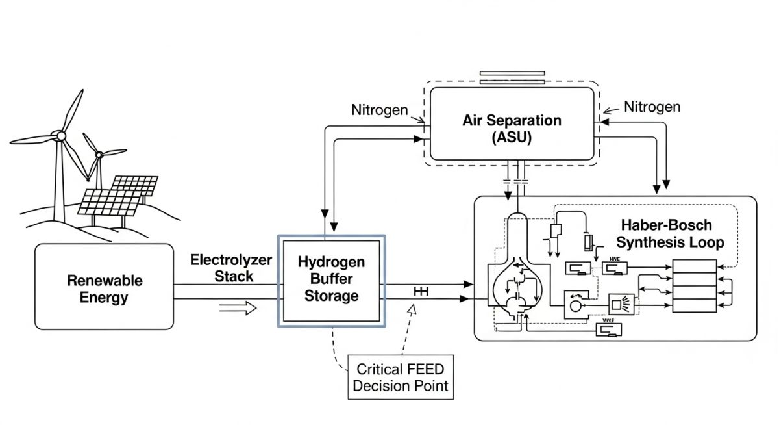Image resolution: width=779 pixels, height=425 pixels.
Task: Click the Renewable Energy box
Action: pos(104,286)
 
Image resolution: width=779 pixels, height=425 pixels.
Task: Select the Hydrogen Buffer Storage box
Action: pos(331,279)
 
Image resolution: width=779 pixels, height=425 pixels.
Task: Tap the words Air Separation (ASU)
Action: pos(512,129)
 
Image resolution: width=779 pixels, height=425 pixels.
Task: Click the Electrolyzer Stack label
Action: pos(231,268)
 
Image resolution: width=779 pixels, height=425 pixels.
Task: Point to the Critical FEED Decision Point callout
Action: pos(400,377)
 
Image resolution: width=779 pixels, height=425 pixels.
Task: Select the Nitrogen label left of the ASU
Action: pos(380,109)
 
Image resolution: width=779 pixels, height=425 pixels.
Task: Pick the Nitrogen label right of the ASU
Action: pos(652,107)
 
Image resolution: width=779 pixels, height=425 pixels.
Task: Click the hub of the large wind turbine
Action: pos(60,135)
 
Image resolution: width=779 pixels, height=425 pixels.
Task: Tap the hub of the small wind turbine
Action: pos(99,154)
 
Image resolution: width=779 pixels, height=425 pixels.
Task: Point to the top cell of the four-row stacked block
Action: pos(694,266)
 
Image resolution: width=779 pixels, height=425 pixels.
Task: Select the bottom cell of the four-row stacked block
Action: pos(694,304)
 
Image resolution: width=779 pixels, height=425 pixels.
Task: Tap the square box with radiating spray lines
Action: pos(618,303)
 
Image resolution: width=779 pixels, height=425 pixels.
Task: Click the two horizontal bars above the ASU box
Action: pos(513,77)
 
